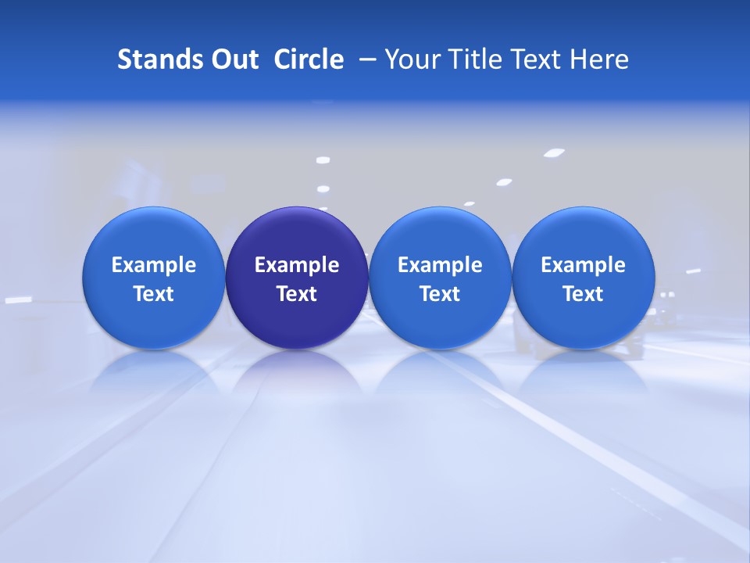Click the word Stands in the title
click(159, 59)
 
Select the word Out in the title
click(233, 59)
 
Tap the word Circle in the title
click(309, 59)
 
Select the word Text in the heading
click(538, 59)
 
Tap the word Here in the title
click(599, 59)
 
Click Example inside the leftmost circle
click(154, 265)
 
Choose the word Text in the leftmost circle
click(154, 294)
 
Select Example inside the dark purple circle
click(297, 265)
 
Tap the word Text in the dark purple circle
click(297, 294)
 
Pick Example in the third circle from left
click(440, 265)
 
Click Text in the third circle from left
click(440, 294)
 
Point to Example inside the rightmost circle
click(583, 265)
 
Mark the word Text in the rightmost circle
click(583, 294)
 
